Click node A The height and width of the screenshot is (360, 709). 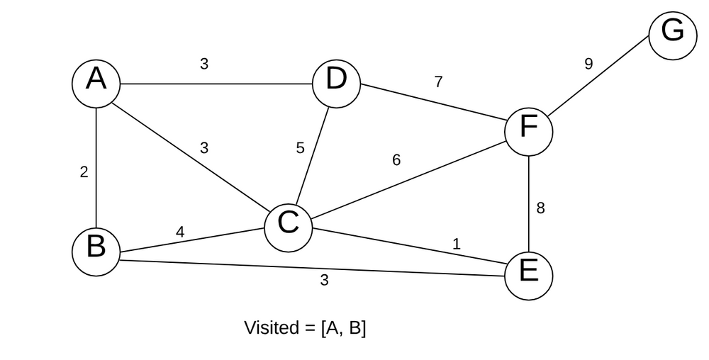click(x=96, y=83)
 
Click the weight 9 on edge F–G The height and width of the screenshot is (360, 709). click(x=588, y=64)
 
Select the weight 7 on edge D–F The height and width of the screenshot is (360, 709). click(x=438, y=82)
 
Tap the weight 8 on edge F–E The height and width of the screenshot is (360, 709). click(x=540, y=208)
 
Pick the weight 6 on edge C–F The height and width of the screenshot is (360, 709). click(x=396, y=160)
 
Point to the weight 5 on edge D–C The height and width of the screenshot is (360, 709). click(x=300, y=148)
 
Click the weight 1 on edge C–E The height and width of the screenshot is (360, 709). click(x=456, y=244)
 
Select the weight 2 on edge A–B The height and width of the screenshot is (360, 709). click(x=84, y=171)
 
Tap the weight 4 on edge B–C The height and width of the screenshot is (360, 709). click(x=180, y=232)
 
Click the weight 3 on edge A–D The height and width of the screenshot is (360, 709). click(x=204, y=64)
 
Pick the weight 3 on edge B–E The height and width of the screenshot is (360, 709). click(x=324, y=280)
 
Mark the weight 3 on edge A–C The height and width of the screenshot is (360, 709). click(x=204, y=148)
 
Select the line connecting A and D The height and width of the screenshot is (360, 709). click(x=213, y=84)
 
